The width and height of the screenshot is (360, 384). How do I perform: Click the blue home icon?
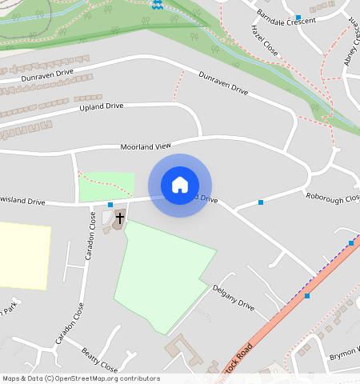(180, 185)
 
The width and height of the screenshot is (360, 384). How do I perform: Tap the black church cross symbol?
(120, 217)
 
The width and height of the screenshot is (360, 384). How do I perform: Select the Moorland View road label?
(146, 147)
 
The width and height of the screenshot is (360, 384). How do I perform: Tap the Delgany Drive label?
(233, 298)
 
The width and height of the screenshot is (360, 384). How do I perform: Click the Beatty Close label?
(100, 360)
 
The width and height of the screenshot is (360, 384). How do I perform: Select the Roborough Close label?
(332, 197)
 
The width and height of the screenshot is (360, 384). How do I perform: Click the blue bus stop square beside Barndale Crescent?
(298, 17)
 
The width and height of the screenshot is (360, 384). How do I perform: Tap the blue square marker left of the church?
(110, 206)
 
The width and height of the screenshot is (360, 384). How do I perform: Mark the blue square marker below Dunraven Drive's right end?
(261, 202)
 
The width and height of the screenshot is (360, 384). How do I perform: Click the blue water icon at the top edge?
(157, 5)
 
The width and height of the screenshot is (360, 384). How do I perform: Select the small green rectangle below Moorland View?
(106, 186)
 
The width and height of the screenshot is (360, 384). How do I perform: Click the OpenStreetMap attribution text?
(80, 378)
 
